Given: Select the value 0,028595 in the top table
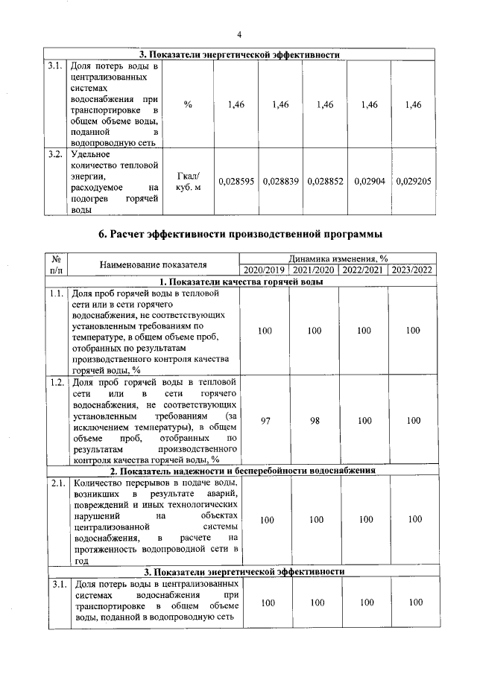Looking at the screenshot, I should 236,181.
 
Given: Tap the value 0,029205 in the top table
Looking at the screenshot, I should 414,181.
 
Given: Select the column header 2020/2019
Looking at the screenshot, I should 265,270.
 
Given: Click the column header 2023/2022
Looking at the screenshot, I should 412,270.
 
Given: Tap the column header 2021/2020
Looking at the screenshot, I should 314,270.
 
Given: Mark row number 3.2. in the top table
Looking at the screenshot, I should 55,155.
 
